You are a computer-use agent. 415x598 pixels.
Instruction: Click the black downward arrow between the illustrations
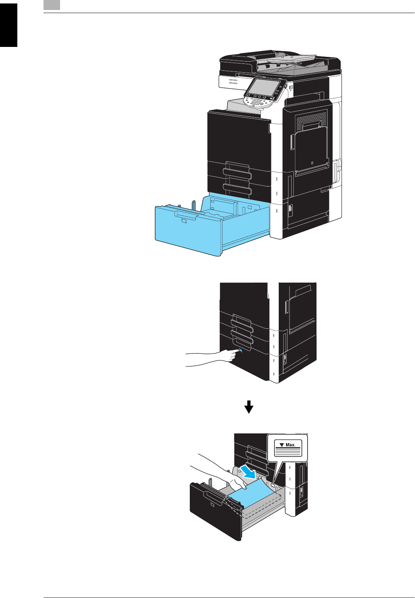point(249,406)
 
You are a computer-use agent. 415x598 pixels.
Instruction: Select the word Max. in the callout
point(291,445)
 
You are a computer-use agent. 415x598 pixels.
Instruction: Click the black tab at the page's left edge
point(8,25)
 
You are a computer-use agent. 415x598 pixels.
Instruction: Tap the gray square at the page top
point(52,5)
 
